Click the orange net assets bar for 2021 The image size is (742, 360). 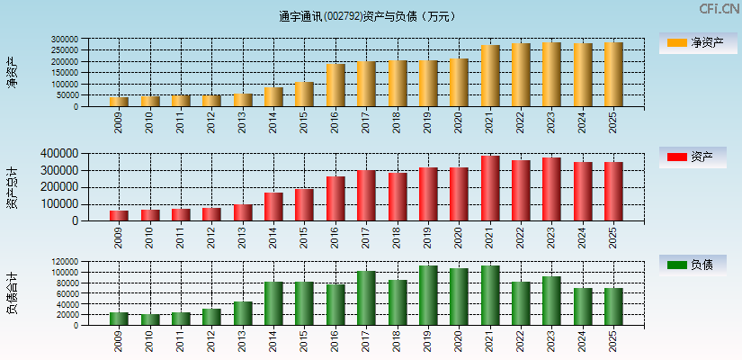click(x=490, y=76)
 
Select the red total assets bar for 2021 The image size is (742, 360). click(x=490, y=189)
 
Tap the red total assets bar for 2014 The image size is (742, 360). click(x=273, y=207)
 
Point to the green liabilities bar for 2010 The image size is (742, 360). click(x=150, y=319)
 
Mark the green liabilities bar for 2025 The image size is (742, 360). click(x=613, y=307)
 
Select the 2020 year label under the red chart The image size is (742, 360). click(x=460, y=237)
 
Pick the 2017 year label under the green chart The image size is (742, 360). click(x=367, y=340)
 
